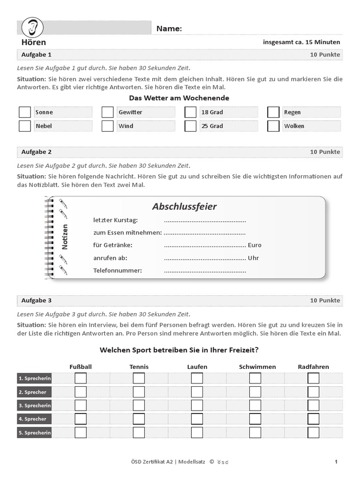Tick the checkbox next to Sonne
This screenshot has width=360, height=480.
coord(25,112)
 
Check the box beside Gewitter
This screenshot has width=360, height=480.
coord(108,112)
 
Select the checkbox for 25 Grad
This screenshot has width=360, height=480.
coord(190,126)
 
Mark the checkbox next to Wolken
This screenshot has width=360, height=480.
coord(273,126)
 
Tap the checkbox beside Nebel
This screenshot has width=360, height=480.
coord(25,126)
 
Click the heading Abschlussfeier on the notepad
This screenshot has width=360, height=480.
coord(184,207)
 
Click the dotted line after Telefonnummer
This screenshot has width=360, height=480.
coord(205,271)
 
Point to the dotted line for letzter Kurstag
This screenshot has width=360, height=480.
coord(205,221)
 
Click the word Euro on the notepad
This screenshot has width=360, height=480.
coord(255,245)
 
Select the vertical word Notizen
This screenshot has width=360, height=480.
coord(65,237)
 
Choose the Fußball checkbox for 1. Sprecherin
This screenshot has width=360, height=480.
coord(81,378)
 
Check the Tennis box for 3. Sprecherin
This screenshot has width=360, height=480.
coord(139,405)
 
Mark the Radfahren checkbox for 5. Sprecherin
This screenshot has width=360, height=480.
coord(313,432)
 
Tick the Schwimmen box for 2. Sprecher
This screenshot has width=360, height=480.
coord(255,392)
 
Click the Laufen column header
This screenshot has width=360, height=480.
coord(197,367)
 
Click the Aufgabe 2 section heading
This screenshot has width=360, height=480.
coord(37,152)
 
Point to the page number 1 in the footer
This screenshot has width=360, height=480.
coord(336,462)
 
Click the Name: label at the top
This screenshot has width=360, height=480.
coord(169,29)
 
